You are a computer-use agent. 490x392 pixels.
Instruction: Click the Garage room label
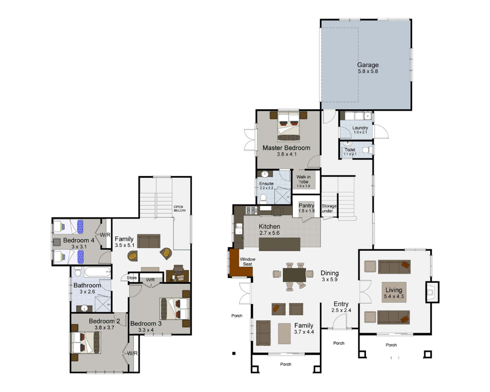click(368, 65)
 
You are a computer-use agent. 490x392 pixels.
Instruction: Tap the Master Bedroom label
click(286, 148)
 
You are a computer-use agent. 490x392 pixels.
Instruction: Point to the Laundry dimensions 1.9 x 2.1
click(360, 132)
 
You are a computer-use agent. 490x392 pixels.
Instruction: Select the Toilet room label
click(350, 150)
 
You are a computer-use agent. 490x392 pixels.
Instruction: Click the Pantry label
click(306, 205)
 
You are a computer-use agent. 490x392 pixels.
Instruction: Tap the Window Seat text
click(247, 262)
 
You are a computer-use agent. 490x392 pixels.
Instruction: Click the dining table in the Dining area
click(294, 275)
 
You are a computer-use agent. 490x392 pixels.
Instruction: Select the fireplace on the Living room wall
click(432, 292)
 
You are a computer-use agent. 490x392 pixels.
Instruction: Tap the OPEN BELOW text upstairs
click(180, 209)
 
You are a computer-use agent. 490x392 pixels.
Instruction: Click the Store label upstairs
click(132, 278)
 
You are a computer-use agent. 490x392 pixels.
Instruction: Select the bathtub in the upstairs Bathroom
click(98, 272)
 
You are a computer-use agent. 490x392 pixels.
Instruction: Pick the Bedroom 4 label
click(79, 241)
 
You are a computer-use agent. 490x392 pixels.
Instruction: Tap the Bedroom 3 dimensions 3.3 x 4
click(146, 330)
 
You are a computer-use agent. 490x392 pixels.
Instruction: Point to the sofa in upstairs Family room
click(149, 242)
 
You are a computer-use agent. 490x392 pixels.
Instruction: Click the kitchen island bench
click(280, 244)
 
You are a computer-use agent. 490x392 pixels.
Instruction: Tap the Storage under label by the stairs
click(329, 209)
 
